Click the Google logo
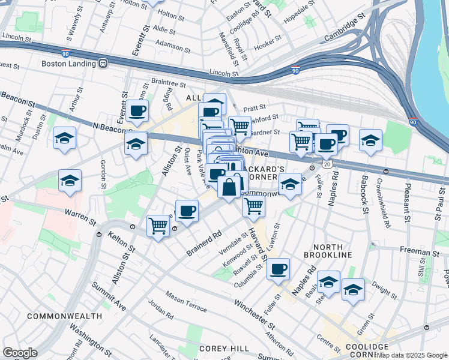coord(19,353)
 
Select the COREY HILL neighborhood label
coord(219,348)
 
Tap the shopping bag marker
coord(230,187)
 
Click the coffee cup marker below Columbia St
coord(278,269)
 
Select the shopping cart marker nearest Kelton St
coord(158,226)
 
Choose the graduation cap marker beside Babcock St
coord(370,140)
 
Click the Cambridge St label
coord(344,28)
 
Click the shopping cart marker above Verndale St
coord(254,206)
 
